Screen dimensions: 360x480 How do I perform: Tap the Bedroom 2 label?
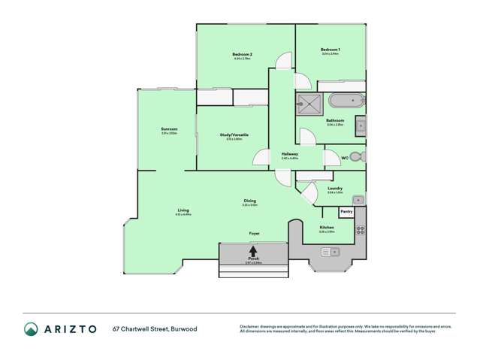pyautogui.click(x=241, y=54)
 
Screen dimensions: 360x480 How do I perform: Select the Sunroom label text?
pyautogui.click(x=168, y=129)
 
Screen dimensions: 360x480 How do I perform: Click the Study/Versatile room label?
pyautogui.click(x=234, y=135)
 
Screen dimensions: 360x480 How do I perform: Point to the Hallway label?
pyautogui.click(x=289, y=154)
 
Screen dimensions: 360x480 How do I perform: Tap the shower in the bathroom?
pyautogui.click(x=309, y=103)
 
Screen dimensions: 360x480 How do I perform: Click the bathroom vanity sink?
pyautogui.click(x=361, y=125)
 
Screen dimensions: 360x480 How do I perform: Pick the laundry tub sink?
pyautogui.click(x=359, y=200)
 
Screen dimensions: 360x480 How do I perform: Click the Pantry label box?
pyautogui.click(x=346, y=212)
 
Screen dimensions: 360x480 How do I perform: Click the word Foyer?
pyautogui.click(x=255, y=234)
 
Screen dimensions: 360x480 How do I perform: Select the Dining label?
pyautogui.click(x=249, y=201)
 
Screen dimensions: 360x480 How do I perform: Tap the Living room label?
pyautogui.click(x=183, y=210)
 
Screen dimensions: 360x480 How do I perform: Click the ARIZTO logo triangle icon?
pyautogui.click(x=31, y=328)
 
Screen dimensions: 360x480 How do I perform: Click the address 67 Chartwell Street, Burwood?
pyautogui.click(x=155, y=328)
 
